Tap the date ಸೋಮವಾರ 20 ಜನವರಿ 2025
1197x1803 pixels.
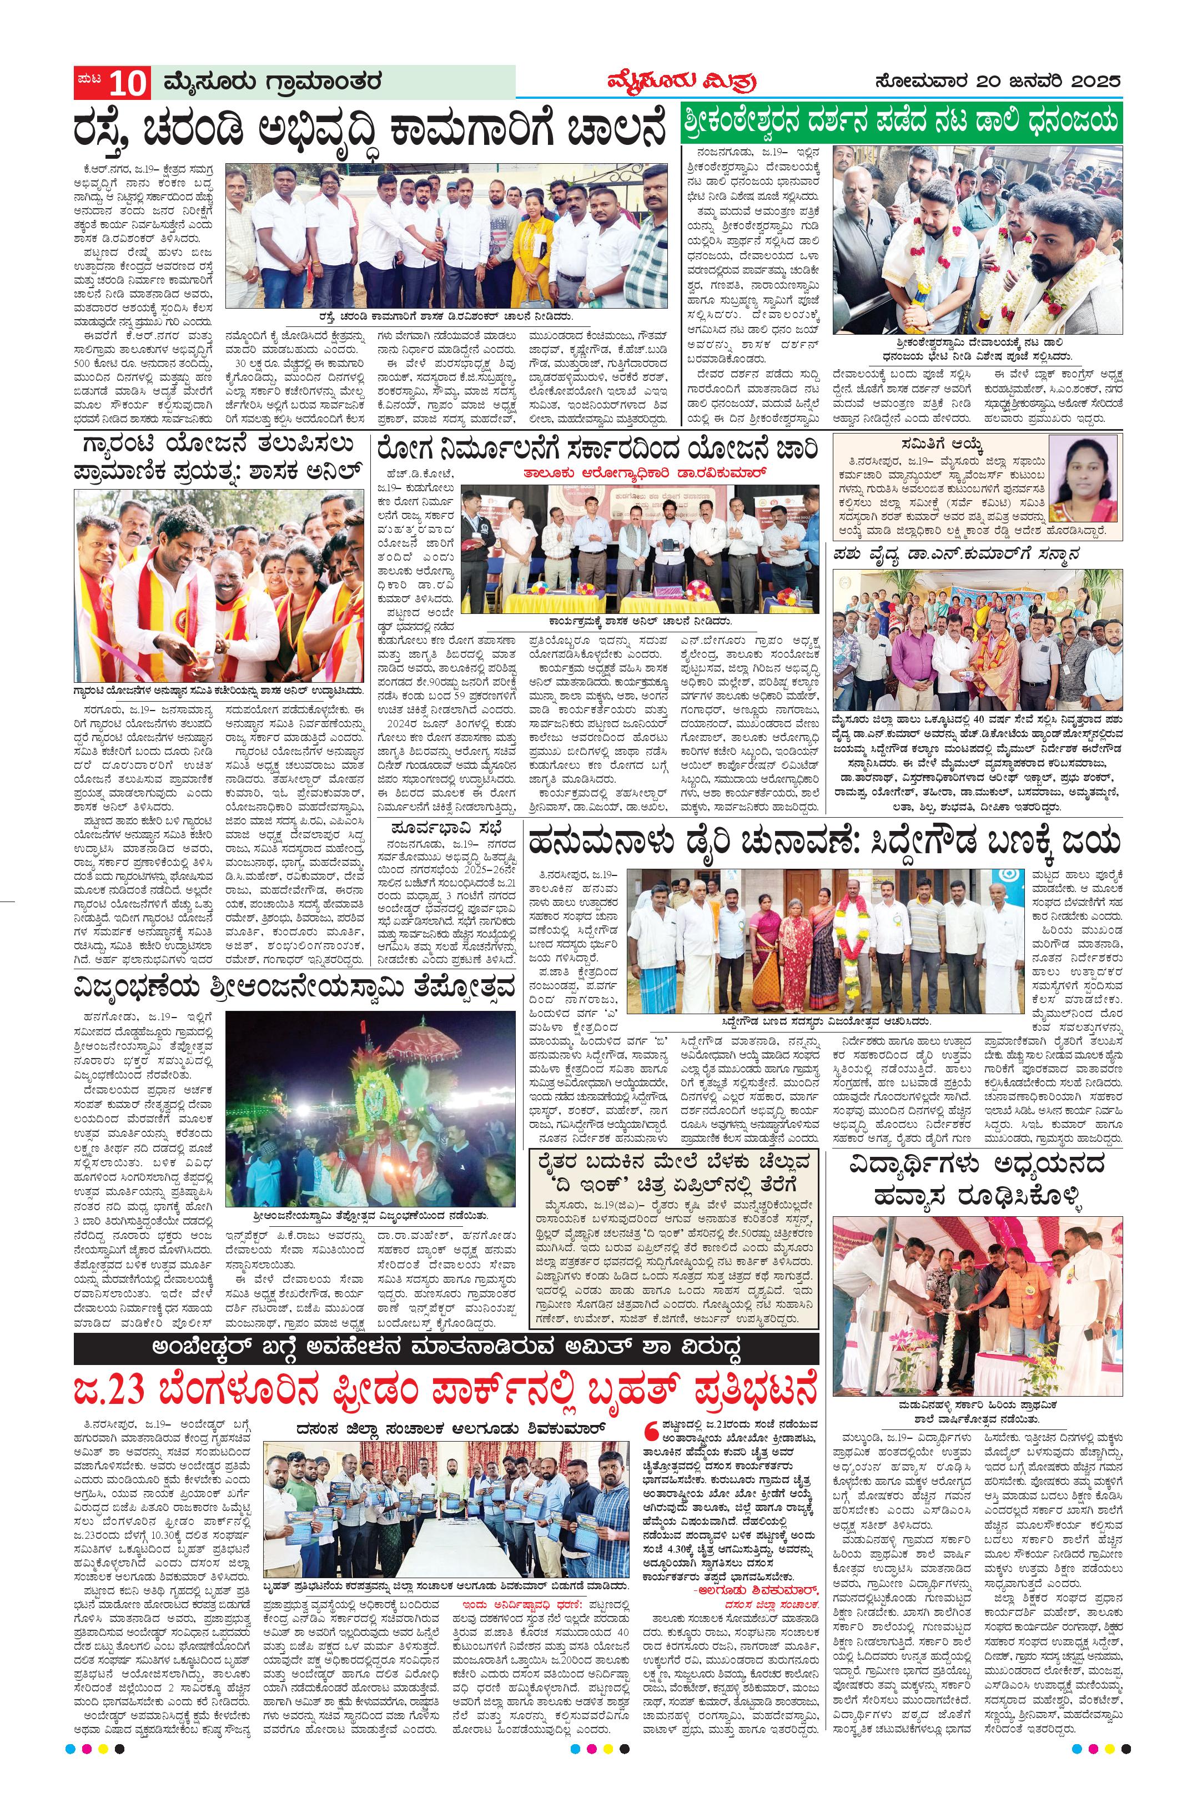[x=1000, y=82]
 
